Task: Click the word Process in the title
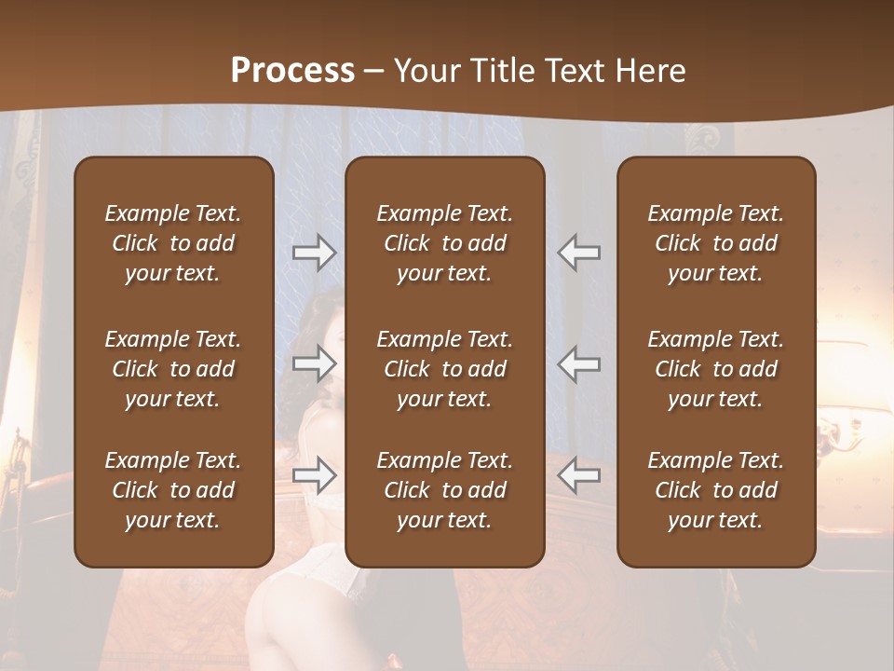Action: point(292,71)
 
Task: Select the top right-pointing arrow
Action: point(315,253)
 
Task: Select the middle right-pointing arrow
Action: point(315,363)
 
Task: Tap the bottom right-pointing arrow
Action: point(315,475)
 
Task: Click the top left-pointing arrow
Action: point(578,253)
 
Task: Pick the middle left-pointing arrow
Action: point(578,363)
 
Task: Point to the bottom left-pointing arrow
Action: point(578,475)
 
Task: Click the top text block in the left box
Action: point(173,243)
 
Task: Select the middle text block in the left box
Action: point(173,369)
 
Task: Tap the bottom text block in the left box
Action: point(173,490)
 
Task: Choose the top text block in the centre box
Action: point(444,243)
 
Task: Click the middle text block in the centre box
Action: point(444,369)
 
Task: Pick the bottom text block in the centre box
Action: point(444,490)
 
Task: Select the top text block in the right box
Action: point(715,243)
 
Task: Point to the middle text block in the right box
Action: point(715,369)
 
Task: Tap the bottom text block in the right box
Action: point(715,490)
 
